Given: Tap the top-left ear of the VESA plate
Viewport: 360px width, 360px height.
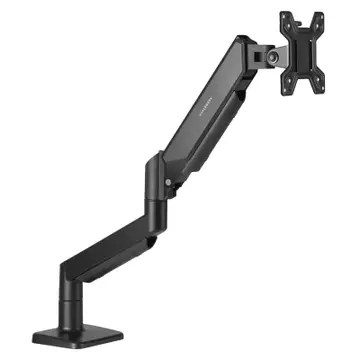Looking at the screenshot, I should click(x=284, y=14).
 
